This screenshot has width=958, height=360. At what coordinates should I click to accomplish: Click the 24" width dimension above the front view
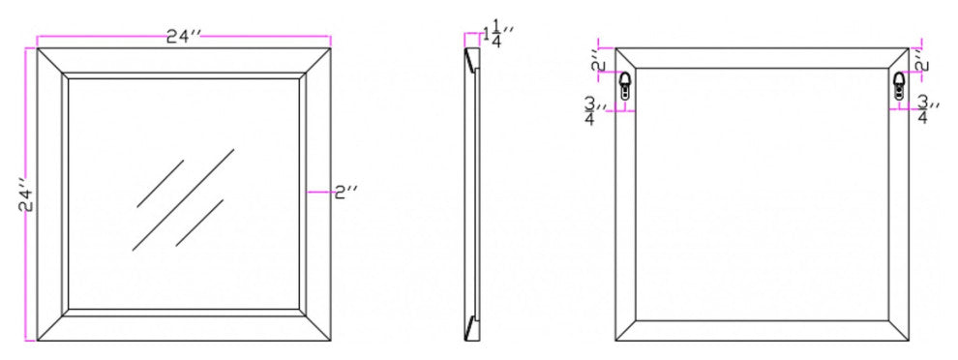[184, 38]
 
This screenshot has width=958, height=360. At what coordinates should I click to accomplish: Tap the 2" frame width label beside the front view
[345, 193]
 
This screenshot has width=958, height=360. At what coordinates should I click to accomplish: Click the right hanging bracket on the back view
[899, 85]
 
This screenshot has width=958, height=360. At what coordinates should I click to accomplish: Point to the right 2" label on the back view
[922, 63]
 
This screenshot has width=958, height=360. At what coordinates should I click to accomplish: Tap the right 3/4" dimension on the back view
[927, 110]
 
